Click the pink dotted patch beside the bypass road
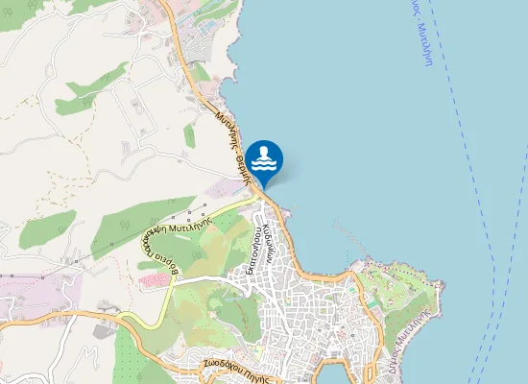point(154,280)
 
